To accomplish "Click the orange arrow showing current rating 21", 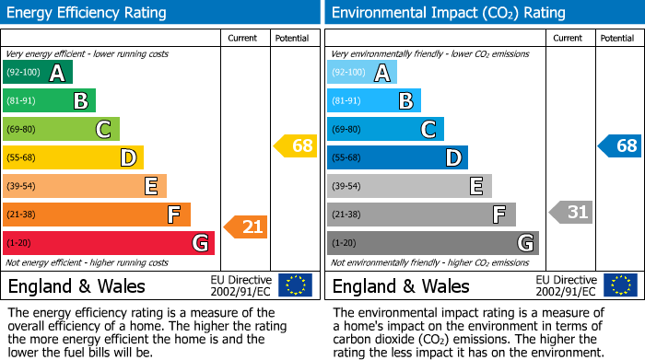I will (245, 226).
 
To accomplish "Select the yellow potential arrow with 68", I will (295, 145).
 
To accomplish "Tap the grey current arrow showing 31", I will (570, 213).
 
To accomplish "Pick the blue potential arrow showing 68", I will (619, 145).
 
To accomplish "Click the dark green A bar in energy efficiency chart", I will (37, 73).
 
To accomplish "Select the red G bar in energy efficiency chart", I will (108, 243).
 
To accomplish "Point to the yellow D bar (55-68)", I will (73, 158).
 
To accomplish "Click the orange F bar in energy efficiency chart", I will (96, 215).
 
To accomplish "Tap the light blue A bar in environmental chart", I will (362, 73).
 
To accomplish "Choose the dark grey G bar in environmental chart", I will (432, 243).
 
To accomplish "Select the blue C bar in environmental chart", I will (385, 129).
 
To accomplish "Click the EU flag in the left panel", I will (295, 285).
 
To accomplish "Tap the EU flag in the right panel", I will (619, 285).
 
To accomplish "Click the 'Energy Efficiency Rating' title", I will (88, 13).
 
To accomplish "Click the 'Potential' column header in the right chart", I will (617, 38).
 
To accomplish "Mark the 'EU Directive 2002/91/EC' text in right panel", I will (566, 285).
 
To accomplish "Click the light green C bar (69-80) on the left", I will (61, 129).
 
